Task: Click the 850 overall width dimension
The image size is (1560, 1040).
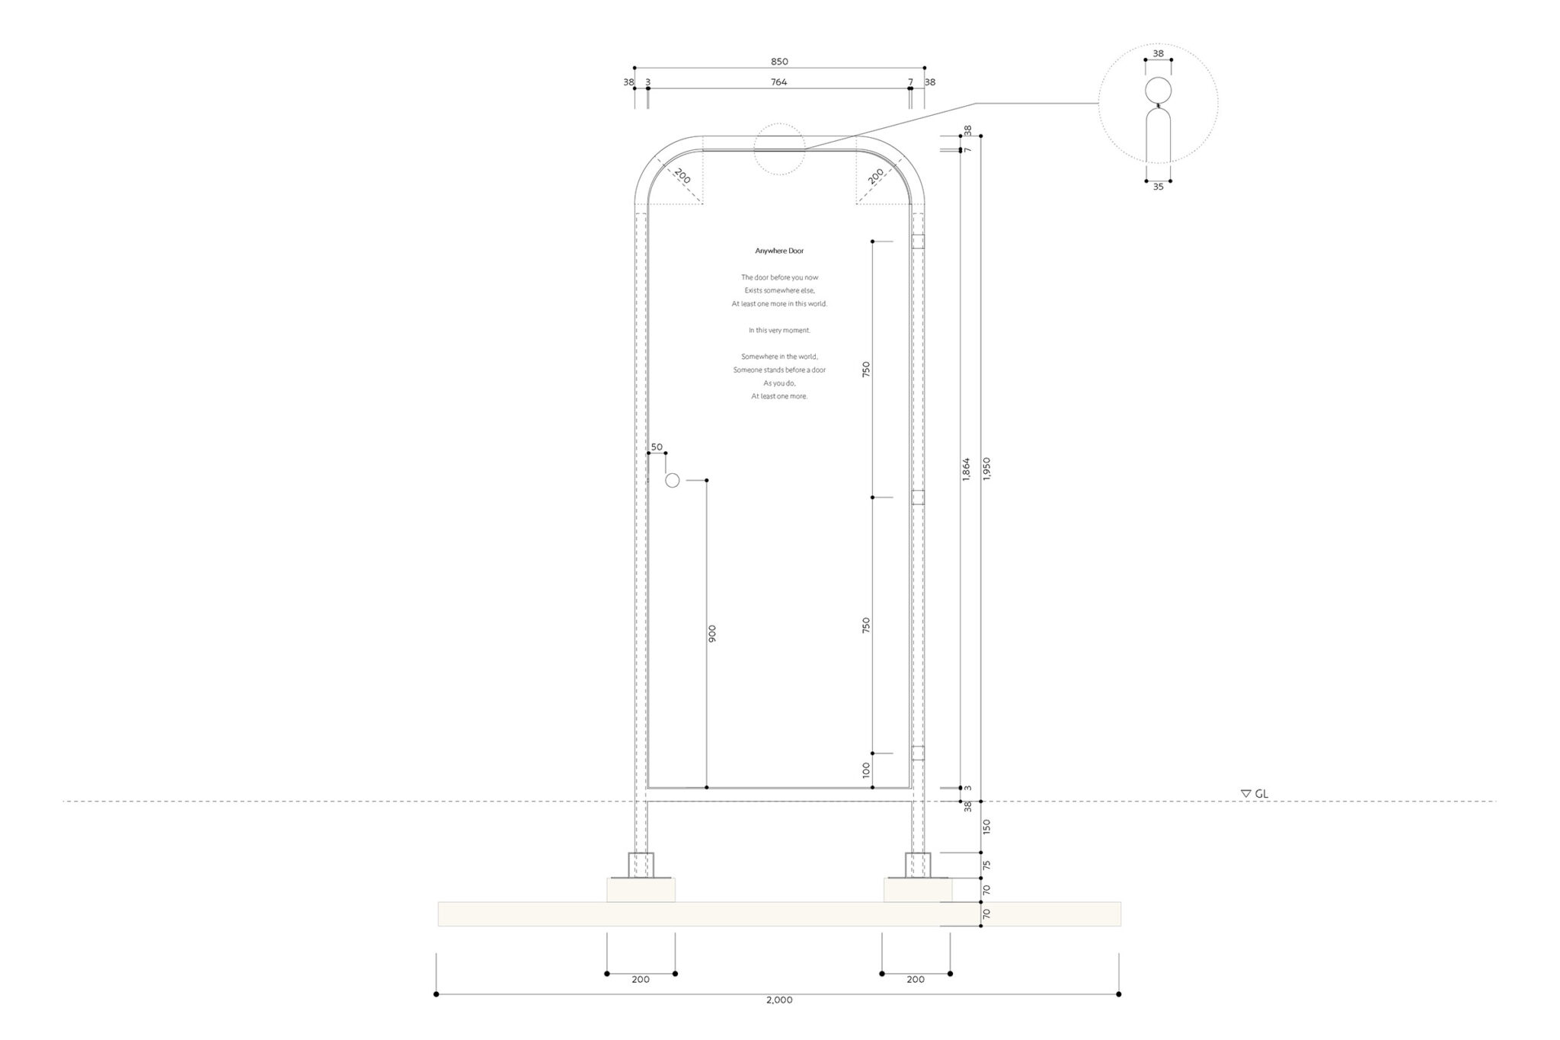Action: point(778,62)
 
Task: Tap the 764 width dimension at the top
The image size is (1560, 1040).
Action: point(778,82)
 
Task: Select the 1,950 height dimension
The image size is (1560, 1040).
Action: point(987,469)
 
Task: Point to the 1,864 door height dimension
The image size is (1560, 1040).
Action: point(967,469)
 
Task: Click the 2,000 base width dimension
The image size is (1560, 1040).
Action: point(778,1000)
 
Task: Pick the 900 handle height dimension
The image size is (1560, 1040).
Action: point(712,634)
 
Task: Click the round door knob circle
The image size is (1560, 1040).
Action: point(672,480)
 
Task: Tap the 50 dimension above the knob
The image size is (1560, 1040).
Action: point(657,447)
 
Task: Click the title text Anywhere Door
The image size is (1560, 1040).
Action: point(779,251)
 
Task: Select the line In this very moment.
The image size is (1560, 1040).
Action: point(779,330)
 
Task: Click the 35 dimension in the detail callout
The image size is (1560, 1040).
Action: point(1158,187)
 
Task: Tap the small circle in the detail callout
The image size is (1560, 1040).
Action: point(1158,90)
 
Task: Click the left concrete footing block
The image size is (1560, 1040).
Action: point(641,890)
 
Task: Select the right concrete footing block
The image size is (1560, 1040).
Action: point(917,890)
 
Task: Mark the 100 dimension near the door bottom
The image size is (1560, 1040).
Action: point(866,770)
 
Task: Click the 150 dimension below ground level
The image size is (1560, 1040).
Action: point(987,826)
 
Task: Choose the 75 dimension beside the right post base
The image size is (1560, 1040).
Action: point(987,865)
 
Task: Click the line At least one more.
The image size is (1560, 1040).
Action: point(779,396)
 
